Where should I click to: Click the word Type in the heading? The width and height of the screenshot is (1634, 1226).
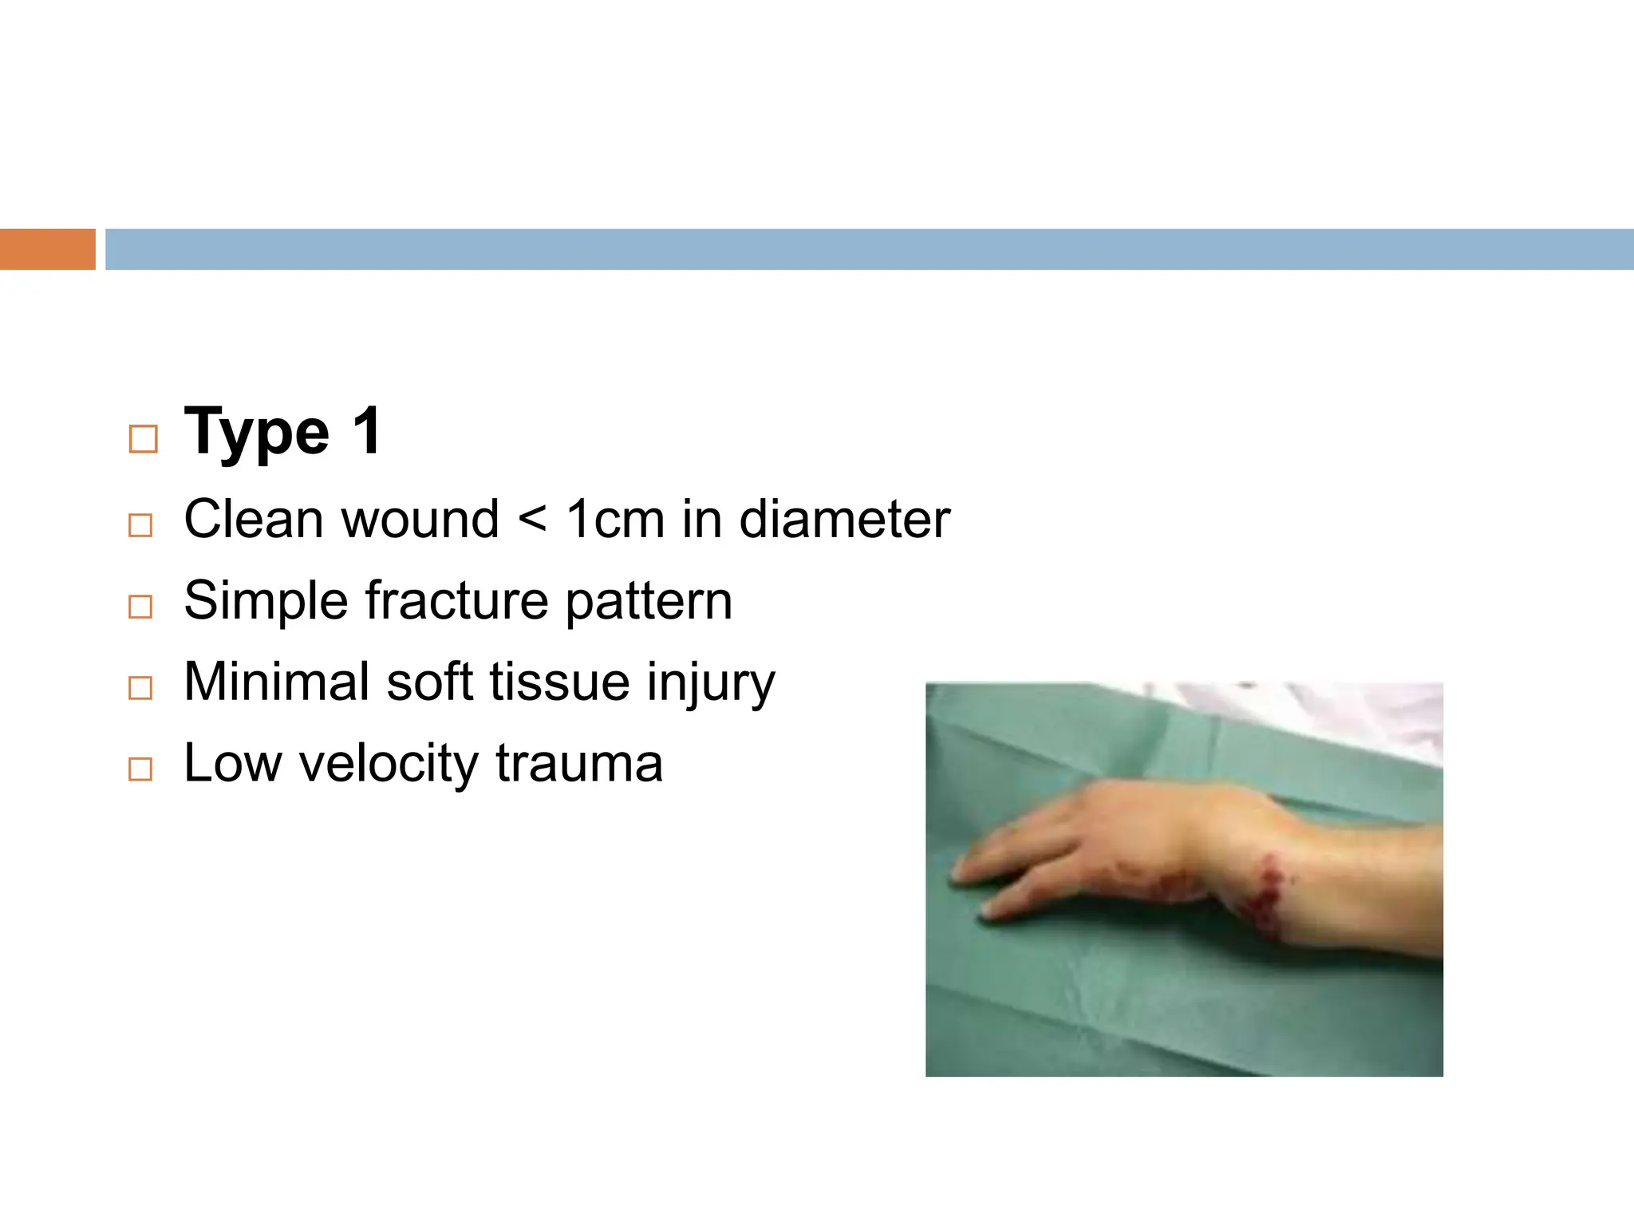pyautogui.click(x=256, y=433)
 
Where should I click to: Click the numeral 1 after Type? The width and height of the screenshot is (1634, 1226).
pyautogui.click(x=367, y=432)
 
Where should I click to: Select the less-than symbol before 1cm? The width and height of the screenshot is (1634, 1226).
pyautogui.click(x=532, y=520)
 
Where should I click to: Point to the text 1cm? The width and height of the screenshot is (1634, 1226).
pyautogui.click(x=614, y=520)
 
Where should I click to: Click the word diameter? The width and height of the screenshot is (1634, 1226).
pyautogui.click(x=844, y=520)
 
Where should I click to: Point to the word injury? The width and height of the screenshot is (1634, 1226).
pyautogui.click(x=710, y=684)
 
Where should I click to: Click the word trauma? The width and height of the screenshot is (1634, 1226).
pyautogui.click(x=578, y=764)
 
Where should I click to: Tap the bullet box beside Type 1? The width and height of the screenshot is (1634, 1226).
pyautogui.click(x=143, y=439)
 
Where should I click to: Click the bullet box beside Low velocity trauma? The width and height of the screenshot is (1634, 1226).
pyautogui.click(x=140, y=769)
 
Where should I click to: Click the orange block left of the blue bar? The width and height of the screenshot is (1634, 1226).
pyautogui.click(x=47, y=249)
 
